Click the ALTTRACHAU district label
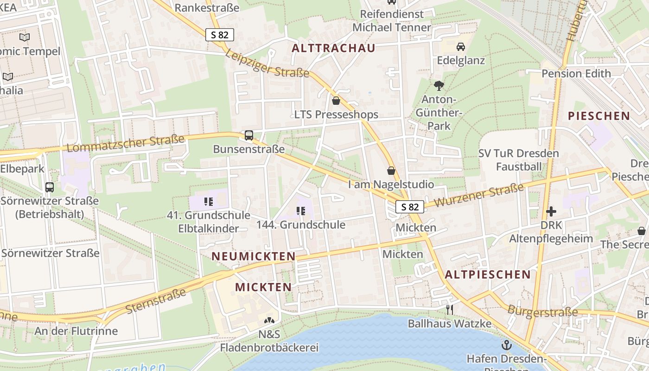click(333, 48)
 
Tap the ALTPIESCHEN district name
click(487, 275)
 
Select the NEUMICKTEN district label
click(254, 256)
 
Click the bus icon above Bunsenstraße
click(249, 135)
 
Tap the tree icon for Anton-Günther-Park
click(439, 85)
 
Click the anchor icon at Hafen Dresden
click(507, 345)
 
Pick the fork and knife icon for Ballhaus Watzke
click(449, 309)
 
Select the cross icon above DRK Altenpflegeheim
click(551, 211)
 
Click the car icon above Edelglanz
click(461, 47)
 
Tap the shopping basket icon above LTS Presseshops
click(336, 100)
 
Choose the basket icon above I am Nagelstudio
click(391, 171)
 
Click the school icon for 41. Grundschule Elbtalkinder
click(209, 202)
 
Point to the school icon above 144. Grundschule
click(301, 211)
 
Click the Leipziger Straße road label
click(267, 64)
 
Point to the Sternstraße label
click(156, 300)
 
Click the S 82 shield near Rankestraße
click(220, 34)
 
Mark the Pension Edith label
click(576, 74)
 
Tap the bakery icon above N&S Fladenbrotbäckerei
click(269, 320)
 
